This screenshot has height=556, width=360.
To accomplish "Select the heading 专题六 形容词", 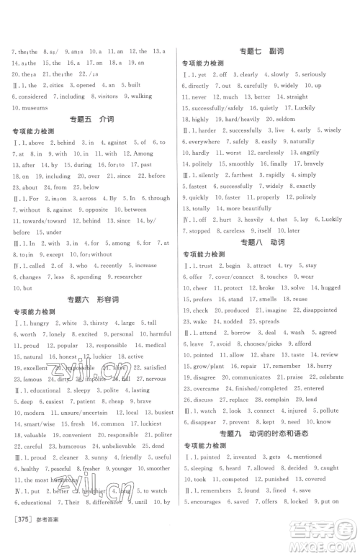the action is pyautogui.click(x=89, y=297).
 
